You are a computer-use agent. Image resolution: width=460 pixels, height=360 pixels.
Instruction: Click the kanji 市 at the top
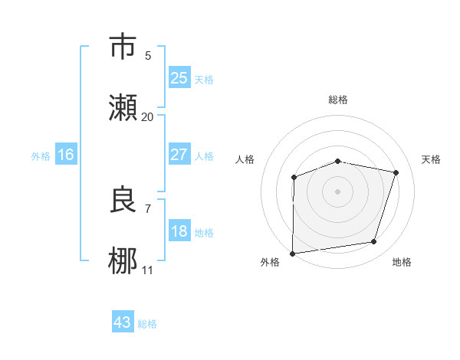click(124, 47)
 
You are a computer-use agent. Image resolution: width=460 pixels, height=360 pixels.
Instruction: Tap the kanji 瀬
click(124, 108)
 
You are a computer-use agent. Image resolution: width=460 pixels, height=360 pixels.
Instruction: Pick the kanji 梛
click(124, 261)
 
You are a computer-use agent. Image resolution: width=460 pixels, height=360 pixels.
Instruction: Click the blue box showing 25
click(179, 78)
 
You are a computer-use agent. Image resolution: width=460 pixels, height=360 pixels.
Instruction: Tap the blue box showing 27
click(179, 155)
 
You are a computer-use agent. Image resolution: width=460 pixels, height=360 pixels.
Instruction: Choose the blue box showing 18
click(179, 231)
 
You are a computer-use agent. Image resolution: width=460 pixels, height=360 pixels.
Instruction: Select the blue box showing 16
click(66, 155)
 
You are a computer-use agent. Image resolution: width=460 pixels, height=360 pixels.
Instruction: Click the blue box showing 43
click(123, 322)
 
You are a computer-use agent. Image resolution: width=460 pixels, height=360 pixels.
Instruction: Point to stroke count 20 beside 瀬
click(147, 116)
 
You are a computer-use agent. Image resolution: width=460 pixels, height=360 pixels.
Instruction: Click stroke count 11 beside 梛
click(147, 270)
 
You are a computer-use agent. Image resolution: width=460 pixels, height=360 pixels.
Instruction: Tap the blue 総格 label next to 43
click(147, 324)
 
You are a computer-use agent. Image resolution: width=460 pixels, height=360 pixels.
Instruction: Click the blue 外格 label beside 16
click(41, 156)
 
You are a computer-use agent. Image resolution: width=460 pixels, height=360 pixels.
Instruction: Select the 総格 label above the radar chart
click(337, 100)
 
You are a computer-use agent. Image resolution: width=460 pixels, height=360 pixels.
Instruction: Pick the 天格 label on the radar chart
click(431, 159)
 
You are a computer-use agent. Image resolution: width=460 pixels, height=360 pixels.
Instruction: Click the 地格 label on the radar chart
click(402, 262)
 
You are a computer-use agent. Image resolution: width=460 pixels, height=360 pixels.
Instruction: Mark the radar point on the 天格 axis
click(396, 172)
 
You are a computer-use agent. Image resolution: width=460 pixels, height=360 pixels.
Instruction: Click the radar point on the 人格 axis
click(294, 178)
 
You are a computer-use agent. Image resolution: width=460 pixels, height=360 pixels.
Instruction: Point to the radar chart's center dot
click(337, 191)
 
